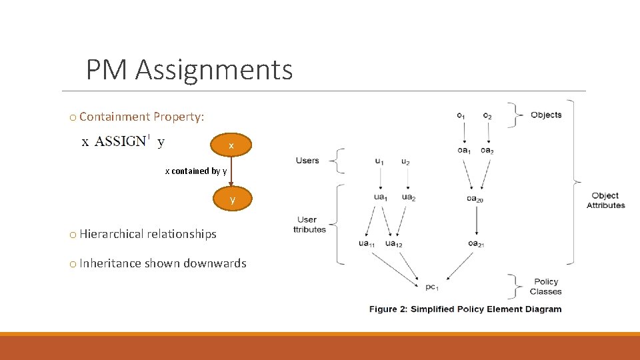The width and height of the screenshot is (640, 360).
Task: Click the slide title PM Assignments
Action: (x=189, y=69)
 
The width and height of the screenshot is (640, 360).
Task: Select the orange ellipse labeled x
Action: (x=231, y=145)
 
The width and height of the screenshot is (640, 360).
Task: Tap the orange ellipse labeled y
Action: (x=232, y=199)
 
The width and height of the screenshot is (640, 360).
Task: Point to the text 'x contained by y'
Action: (x=196, y=171)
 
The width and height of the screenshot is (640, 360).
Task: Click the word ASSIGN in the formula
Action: (x=120, y=141)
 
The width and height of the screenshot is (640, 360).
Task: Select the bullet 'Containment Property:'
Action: (x=141, y=117)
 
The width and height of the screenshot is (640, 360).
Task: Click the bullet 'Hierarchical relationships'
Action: (x=147, y=234)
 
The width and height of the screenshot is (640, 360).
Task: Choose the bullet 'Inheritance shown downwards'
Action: (x=162, y=263)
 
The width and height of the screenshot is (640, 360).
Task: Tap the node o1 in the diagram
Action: (x=461, y=116)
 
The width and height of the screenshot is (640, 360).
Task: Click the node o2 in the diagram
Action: (x=487, y=116)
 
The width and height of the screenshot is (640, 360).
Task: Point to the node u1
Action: (x=379, y=161)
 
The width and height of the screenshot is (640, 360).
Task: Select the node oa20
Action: (x=475, y=198)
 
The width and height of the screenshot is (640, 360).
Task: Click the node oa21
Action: (x=475, y=244)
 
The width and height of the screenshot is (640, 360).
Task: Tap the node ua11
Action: (x=367, y=244)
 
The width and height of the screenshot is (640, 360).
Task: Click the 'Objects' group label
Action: (x=546, y=115)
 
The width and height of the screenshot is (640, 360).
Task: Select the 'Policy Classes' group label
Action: (x=545, y=287)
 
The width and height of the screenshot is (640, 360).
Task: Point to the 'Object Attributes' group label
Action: (x=605, y=201)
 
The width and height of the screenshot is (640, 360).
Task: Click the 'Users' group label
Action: (x=307, y=161)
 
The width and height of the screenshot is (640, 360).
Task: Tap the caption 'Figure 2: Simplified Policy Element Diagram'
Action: (x=465, y=309)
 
